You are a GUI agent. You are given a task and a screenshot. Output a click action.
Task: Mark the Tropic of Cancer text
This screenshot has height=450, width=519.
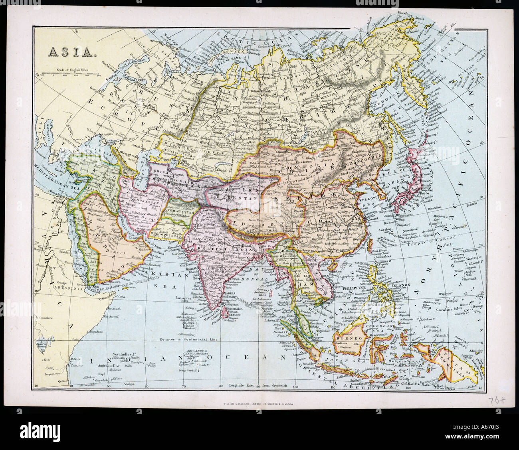(428, 244)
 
